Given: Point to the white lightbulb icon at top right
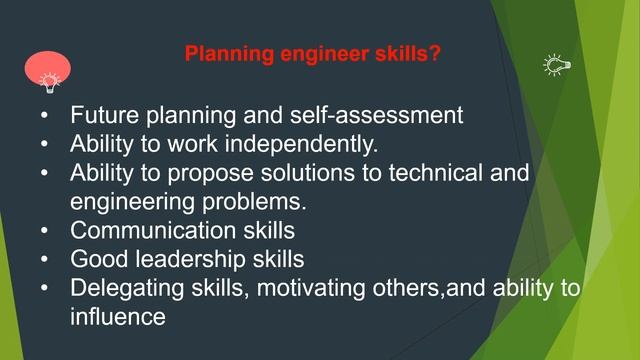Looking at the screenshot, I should (555, 65).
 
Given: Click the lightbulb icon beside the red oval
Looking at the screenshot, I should (47, 81).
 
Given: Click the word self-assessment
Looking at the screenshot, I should (382, 115).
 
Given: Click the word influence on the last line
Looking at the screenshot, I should (117, 318).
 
